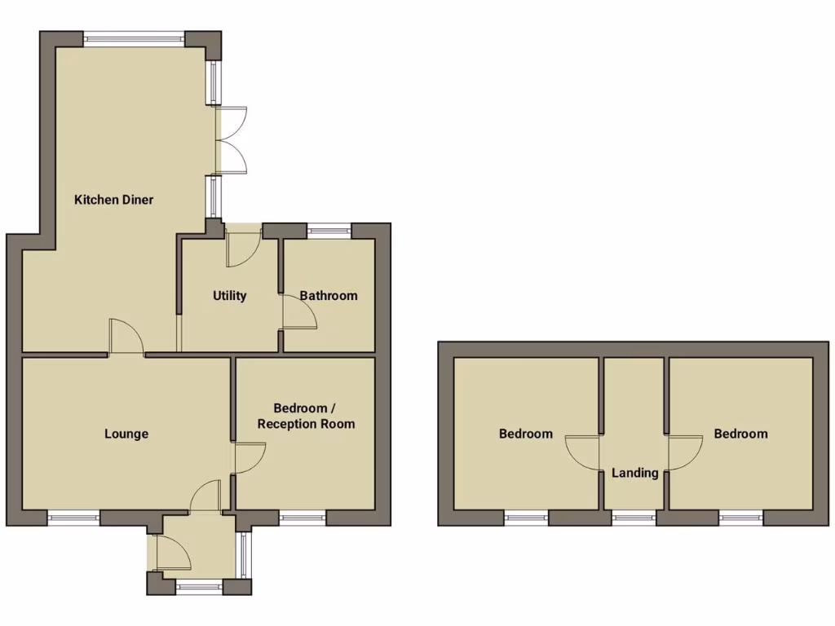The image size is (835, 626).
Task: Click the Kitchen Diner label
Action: (114, 200)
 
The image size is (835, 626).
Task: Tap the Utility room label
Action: (230, 296)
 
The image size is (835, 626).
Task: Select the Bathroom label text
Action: (329, 296)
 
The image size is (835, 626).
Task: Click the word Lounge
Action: (126, 434)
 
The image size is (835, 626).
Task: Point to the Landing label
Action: (635, 473)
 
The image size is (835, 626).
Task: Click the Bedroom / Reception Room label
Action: (306, 416)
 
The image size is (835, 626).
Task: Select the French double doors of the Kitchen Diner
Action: (231, 139)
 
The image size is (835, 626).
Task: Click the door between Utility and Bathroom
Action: (298, 311)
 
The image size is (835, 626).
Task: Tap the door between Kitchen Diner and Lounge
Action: (126, 337)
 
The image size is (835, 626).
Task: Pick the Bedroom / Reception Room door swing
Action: (249, 457)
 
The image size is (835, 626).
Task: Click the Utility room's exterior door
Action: (242, 248)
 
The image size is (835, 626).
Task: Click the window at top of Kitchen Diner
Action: (135, 37)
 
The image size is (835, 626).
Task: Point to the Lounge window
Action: (73, 516)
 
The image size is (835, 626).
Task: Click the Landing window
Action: (634, 516)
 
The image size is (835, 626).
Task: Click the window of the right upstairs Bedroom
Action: (741, 516)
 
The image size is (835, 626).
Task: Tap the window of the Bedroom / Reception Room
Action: (303, 516)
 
